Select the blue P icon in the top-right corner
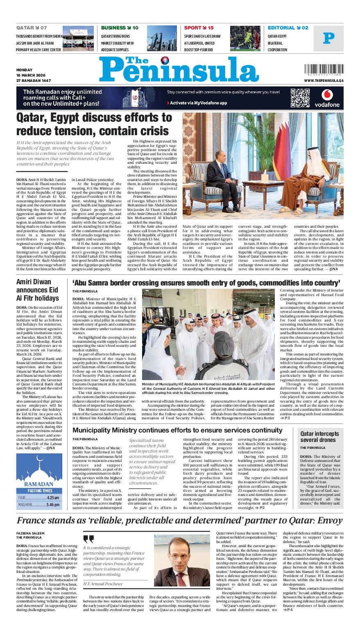pyautogui.click(x=328, y=38)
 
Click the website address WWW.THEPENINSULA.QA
pyautogui.click(x=324, y=81)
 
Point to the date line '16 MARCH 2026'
pyautogui.click(x=30, y=75)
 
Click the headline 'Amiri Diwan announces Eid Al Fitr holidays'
pyautogui.click(x=38, y=290)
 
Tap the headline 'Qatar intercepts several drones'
pyautogui.click(x=320, y=437)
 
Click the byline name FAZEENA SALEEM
pyautogui.click(x=30, y=533)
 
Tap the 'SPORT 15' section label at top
pyautogui.click(x=199, y=28)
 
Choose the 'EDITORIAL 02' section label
pyautogui.click(x=288, y=28)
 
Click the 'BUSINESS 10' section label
pyautogui.click(x=120, y=28)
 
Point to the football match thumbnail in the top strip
pyautogui.click(x=245, y=38)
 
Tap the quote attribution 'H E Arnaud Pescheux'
pyautogui.click(x=103, y=584)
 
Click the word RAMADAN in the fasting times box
pyautogui.click(x=38, y=484)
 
